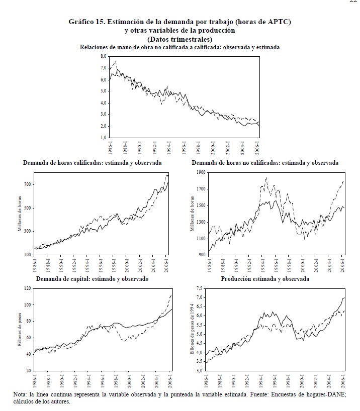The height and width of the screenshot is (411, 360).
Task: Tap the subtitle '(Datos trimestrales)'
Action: point(179,39)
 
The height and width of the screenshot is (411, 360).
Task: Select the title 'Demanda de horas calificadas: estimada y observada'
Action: point(93,163)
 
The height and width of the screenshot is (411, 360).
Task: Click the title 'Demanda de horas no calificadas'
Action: point(236,163)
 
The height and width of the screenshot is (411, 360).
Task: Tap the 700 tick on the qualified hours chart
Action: point(28,184)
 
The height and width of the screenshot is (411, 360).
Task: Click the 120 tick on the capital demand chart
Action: point(28,288)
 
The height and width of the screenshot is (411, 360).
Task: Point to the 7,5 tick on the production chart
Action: point(200,288)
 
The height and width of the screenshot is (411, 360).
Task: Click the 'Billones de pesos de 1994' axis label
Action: point(192,329)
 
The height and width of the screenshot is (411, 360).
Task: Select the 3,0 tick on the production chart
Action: point(200,371)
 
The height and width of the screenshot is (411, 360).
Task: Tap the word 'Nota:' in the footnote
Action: point(21,395)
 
